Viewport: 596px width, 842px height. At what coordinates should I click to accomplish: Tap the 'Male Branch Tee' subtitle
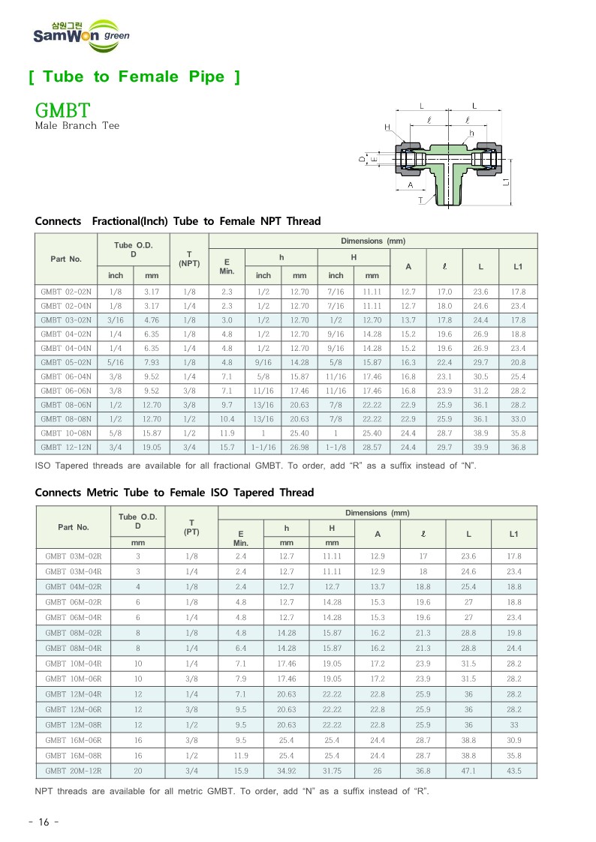(x=77, y=126)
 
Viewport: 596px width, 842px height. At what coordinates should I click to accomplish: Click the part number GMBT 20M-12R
(x=74, y=771)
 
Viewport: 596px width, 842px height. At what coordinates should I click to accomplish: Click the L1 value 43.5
(x=513, y=771)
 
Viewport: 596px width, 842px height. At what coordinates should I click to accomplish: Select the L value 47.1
(x=468, y=771)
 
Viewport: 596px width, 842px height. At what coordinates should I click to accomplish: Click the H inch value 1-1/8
(x=336, y=448)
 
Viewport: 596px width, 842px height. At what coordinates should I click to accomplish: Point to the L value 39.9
(x=480, y=448)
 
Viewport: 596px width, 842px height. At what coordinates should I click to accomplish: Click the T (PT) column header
(x=191, y=527)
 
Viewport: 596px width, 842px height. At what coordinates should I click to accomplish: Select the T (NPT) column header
(x=189, y=259)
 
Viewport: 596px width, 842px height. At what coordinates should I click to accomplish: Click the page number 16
(x=43, y=823)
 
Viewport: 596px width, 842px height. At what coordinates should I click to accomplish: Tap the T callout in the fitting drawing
(x=420, y=200)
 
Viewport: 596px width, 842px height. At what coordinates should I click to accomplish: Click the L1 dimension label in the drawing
(x=508, y=181)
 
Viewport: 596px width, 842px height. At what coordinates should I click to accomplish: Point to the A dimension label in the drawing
(x=410, y=184)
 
